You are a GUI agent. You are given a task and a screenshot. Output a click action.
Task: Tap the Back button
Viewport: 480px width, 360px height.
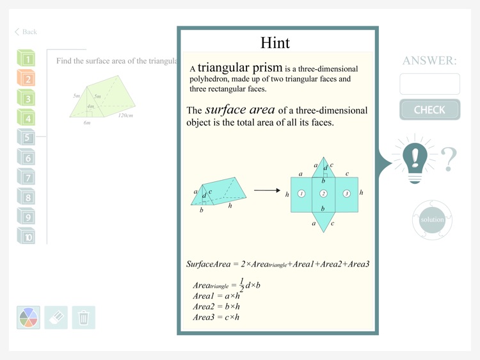pos(26,32)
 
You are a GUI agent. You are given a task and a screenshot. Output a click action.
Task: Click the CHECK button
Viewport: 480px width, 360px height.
pos(429,110)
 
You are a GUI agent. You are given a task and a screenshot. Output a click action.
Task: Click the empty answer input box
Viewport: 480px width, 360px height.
pos(429,84)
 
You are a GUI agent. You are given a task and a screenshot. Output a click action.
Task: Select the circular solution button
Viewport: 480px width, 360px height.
pos(432,220)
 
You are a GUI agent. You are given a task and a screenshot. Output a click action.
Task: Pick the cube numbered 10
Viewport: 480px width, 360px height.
pos(26,236)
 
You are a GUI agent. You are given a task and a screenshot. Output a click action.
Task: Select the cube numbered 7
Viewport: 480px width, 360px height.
pos(26,177)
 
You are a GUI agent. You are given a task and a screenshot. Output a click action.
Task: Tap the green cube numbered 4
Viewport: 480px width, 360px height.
pos(26,117)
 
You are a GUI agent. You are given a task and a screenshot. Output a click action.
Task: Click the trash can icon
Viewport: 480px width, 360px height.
pos(83,317)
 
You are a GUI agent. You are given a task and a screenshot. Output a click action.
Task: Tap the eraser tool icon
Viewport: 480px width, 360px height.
pos(56,317)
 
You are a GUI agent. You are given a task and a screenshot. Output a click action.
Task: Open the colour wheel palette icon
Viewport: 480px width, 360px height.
pos(28,317)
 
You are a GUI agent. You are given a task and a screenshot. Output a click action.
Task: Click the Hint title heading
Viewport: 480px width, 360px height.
pos(275,43)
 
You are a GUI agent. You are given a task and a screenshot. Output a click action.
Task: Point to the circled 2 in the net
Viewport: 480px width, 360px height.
pos(324,193)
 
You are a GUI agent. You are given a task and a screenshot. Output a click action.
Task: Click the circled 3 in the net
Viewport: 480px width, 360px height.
pos(347,193)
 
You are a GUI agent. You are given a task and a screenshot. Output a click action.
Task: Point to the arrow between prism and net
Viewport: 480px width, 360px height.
pos(266,190)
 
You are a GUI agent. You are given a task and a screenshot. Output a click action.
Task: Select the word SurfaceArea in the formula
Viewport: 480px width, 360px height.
pos(207,264)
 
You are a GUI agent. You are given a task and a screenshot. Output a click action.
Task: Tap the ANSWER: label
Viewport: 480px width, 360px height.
pos(429,61)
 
